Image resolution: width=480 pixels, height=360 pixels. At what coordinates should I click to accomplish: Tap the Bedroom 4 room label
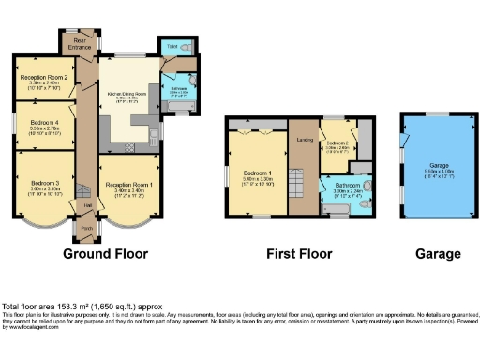point(45,122)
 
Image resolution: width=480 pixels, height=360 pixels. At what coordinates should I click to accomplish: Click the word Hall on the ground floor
point(87,205)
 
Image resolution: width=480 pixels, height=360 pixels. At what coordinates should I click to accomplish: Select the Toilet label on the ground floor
point(172,45)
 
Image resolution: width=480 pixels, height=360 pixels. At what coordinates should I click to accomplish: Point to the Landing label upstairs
point(303,141)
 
